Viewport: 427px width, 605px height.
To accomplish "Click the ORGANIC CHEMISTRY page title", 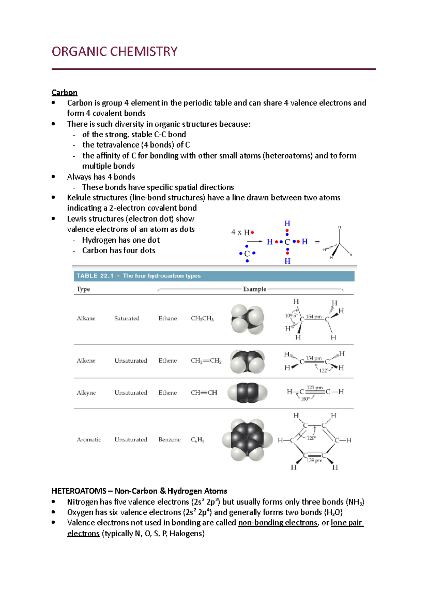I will pos(114,52).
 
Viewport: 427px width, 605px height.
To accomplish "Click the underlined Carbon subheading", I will pos(64,93).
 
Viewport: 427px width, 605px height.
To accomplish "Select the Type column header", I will pos(83,289).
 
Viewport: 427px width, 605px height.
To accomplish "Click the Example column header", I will pos(254,289).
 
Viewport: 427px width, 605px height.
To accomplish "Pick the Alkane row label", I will pos(86,318).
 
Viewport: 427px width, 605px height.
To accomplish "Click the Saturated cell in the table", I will pos(127,318).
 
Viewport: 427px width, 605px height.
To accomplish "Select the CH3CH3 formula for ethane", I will pos(202,318).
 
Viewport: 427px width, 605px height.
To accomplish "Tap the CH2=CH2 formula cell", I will pos(206,361).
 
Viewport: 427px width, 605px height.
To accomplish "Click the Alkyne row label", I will pos(86,393).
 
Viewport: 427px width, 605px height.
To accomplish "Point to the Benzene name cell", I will pos(169,440).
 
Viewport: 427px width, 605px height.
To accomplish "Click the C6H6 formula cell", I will pos(197,440).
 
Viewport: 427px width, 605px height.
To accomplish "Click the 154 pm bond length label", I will pos(314,316).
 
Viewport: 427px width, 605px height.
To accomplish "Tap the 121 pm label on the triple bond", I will pos(315,387).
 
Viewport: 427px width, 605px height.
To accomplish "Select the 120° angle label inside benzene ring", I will pos(311,438).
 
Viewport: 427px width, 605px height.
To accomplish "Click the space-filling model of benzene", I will pos(247,440).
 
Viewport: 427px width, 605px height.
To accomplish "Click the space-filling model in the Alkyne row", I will pos(247,393).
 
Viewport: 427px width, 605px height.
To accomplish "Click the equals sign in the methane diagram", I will pos(317,242).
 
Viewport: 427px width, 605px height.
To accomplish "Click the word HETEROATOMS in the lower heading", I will pos(79,491).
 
